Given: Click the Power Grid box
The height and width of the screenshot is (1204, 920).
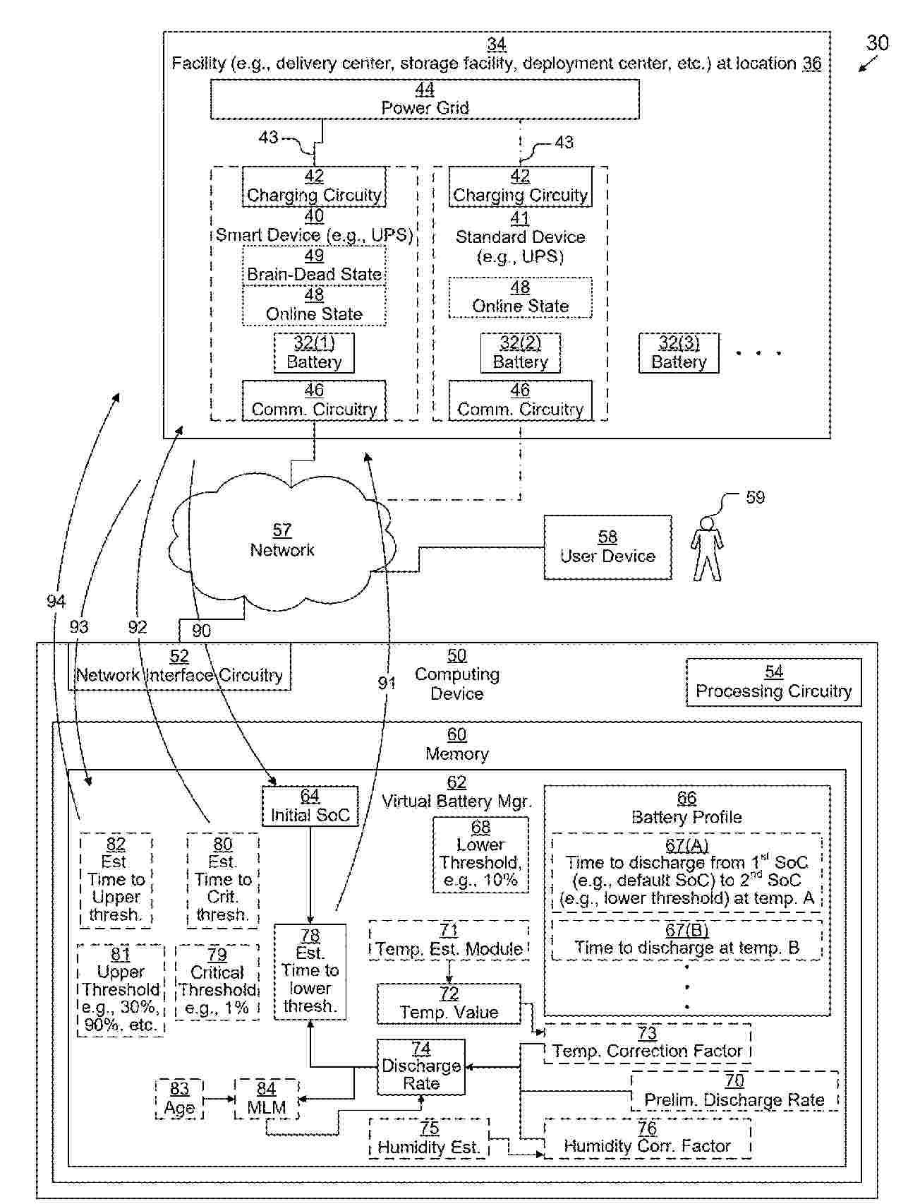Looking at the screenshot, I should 425,99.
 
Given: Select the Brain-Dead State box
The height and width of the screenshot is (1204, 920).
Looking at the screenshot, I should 314,266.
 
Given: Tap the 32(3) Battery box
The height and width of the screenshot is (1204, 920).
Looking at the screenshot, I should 679,352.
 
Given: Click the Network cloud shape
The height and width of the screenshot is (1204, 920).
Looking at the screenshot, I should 282,541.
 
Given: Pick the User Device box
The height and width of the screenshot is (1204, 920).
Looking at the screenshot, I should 607,547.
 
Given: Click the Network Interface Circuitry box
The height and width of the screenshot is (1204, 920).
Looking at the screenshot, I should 179,666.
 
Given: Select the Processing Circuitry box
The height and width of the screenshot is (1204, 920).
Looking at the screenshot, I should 773,682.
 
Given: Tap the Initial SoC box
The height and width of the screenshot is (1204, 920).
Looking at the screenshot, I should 310,806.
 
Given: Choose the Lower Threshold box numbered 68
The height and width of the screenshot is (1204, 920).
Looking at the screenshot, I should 480,854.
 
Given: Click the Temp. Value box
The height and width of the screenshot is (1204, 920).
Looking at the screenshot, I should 449,1003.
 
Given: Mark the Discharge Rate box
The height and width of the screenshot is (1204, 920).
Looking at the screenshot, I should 420,1066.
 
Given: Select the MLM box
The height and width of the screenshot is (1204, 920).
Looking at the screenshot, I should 266,1099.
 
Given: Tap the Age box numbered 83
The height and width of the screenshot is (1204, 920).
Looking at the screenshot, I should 179,1099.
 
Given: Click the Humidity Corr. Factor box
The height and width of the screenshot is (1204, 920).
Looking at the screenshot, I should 647,1138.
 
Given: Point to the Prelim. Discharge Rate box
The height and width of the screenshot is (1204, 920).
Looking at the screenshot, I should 734,1091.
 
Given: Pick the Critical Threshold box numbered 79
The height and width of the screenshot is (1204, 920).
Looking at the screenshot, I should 217,990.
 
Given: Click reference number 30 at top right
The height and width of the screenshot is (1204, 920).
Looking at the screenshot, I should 877,43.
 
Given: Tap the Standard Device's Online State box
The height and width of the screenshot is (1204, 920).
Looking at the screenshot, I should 520,297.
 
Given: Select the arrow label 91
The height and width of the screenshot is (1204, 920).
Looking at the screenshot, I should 387,683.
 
